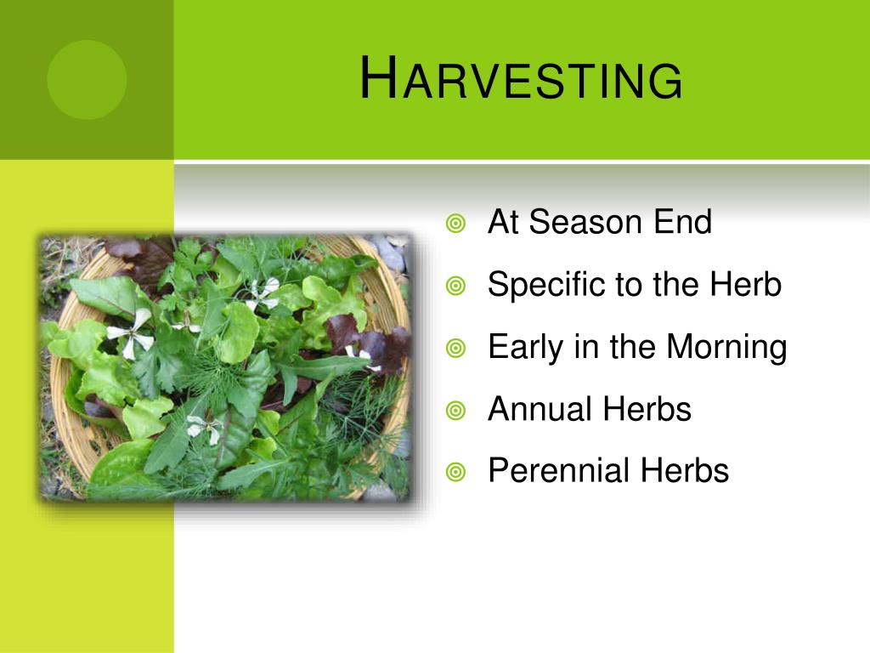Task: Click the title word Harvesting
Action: coord(521,78)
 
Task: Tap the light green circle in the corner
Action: coord(88,79)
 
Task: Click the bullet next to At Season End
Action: coord(455,224)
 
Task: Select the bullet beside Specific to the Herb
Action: coord(455,286)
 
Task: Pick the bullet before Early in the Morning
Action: coord(455,348)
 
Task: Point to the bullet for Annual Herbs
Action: coord(455,411)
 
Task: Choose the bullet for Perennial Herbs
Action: coord(455,473)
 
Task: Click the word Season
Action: coord(586,222)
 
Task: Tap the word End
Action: coord(682,222)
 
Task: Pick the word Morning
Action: coord(726,348)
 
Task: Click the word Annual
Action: coord(540,409)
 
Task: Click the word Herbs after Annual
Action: coord(647,409)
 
